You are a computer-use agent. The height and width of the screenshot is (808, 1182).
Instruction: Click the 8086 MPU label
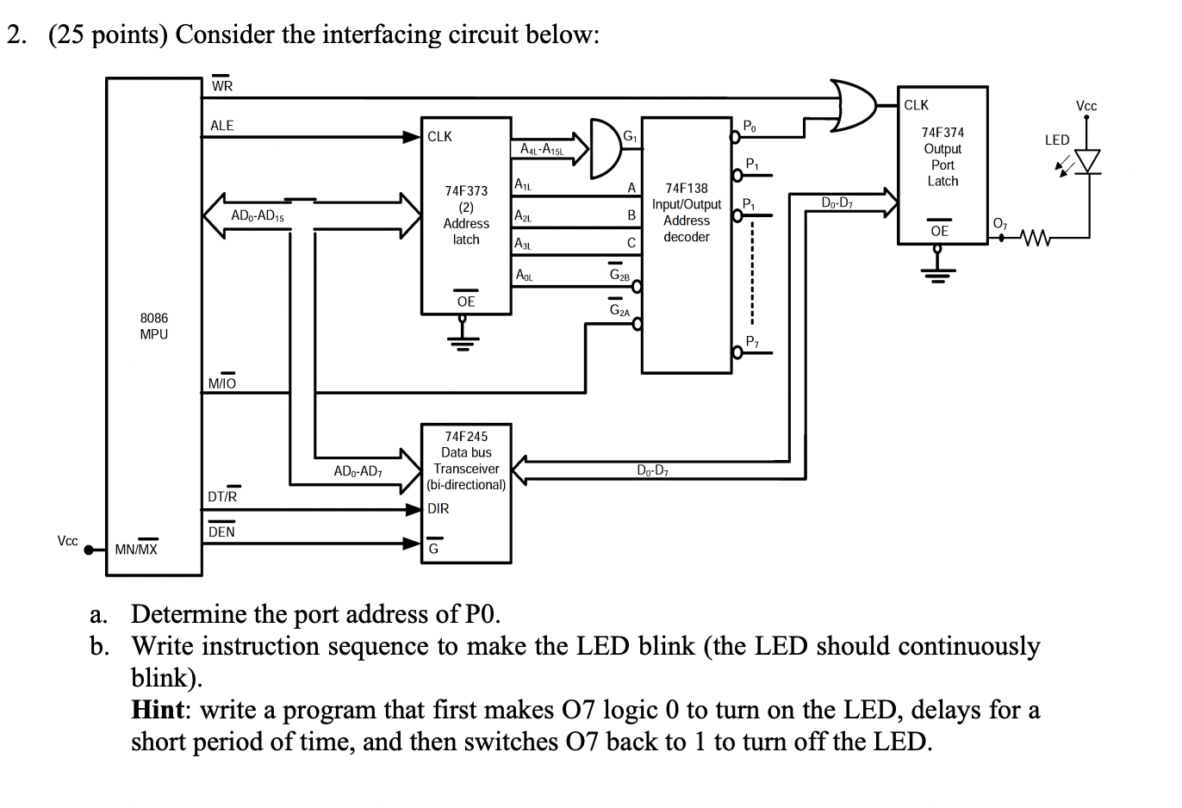(x=154, y=326)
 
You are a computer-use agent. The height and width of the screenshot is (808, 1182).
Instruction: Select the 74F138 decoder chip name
(x=686, y=188)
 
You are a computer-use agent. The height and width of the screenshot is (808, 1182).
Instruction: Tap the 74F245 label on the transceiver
(x=466, y=437)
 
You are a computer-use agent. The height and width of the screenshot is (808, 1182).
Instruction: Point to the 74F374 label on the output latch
(x=942, y=133)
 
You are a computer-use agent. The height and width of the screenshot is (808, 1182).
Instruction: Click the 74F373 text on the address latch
(x=466, y=190)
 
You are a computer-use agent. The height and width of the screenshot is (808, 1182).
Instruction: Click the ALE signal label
(x=221, y=126)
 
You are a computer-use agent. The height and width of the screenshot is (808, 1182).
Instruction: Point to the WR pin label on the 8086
(x=221, y=85)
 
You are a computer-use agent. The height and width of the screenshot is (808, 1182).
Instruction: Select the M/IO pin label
(x=222, y=383)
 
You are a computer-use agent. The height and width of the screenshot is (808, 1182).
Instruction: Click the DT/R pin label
(x=223, y=496)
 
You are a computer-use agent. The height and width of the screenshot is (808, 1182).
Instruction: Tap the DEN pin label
(x=221, y=531)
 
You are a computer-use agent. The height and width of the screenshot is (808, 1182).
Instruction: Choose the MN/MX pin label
(x=137, y=549)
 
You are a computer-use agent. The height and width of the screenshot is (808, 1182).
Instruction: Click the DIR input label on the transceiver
(x=439, y=508)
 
